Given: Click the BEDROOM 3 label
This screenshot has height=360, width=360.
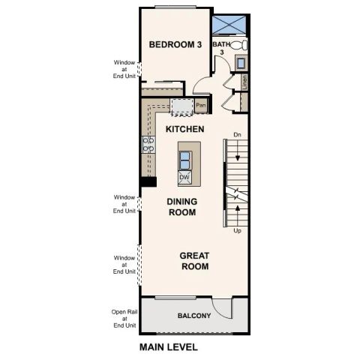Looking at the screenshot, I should pyautogui.click(x=175, y=45).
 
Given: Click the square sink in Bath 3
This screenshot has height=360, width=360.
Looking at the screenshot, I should pyautogui.click(x=241, y=63).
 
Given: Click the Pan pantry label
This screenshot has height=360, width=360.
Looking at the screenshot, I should pyautogui.click(x=201, y=106).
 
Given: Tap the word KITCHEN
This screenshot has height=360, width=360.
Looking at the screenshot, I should pyautogui.click(x=184, y=130).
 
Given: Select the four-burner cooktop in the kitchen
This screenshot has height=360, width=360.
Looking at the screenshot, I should pyautogui.click(x=148, y=144).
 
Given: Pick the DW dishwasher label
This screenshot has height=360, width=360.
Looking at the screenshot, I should pyautogui.click(x=184, y=177).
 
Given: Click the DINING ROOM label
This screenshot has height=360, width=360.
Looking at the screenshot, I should pyautogui.click(x=181, y=206).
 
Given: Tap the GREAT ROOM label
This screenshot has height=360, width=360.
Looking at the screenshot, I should pyautogui.click(x=194, y=260).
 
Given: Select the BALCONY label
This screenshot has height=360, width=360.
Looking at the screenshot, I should pyautogui.click(x=193, y=316).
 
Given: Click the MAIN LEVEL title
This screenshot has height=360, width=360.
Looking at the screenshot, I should pyautogui.click(x=169, y=347).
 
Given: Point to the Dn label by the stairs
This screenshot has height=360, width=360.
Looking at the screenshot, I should pyautogui.click(x=237, y=135).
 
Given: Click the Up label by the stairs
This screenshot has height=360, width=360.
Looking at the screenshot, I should pyautogui.click(x=237, y=230).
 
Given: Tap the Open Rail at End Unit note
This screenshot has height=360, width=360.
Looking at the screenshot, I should pyautogui.click(x=124, y=319).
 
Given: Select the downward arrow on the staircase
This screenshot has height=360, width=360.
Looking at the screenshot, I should pyautogui.click(x=238, y=159).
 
